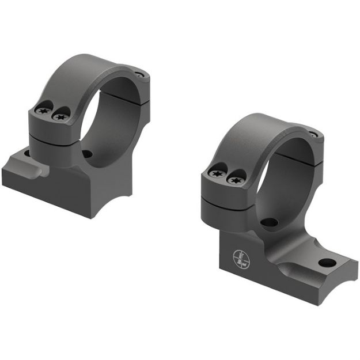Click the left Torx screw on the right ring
click(218, 173)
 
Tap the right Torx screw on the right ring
click(233, 179)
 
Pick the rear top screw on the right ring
click(313, 135)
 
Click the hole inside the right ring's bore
click(268, 222)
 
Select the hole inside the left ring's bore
click(87, 154)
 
